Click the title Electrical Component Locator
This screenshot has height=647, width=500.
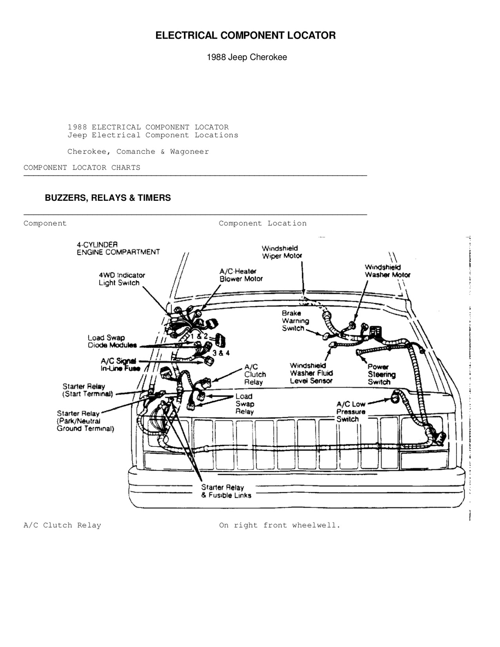[x=245, y=35]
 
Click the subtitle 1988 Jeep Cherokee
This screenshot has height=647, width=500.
[x=247, y=57]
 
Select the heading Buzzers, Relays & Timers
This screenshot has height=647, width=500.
[x=108, y=198]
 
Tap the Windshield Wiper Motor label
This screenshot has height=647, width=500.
[x=281, y=252]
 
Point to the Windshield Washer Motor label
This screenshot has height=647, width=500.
[x=387, y=271]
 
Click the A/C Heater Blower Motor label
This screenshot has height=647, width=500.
[x=241, y=275]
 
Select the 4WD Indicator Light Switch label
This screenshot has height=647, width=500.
[x=121, y=279]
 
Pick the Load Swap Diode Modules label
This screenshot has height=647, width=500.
[x=112, y=341]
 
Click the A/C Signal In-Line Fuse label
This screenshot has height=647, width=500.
[x=120, y=365]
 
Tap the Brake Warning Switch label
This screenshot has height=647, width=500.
[x=295, y=321]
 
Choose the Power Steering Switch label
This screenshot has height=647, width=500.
[x=381, y=374]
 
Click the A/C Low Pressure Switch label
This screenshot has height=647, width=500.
[x=350, y=412]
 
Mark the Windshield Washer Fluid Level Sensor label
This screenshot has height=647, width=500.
[x=311, y=373]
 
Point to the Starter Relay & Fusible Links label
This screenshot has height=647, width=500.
[x=226, y=491]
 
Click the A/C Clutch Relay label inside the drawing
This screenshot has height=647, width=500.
[x=254, y=374]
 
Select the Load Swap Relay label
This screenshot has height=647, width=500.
[x=244, y=404]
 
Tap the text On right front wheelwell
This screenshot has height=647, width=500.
[x=279, y=525]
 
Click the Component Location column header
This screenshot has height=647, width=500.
[x=262, y=223]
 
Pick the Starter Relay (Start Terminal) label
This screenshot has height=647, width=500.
[x=87, y=390]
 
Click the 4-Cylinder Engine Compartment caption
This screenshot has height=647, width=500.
[x=118, y=248]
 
